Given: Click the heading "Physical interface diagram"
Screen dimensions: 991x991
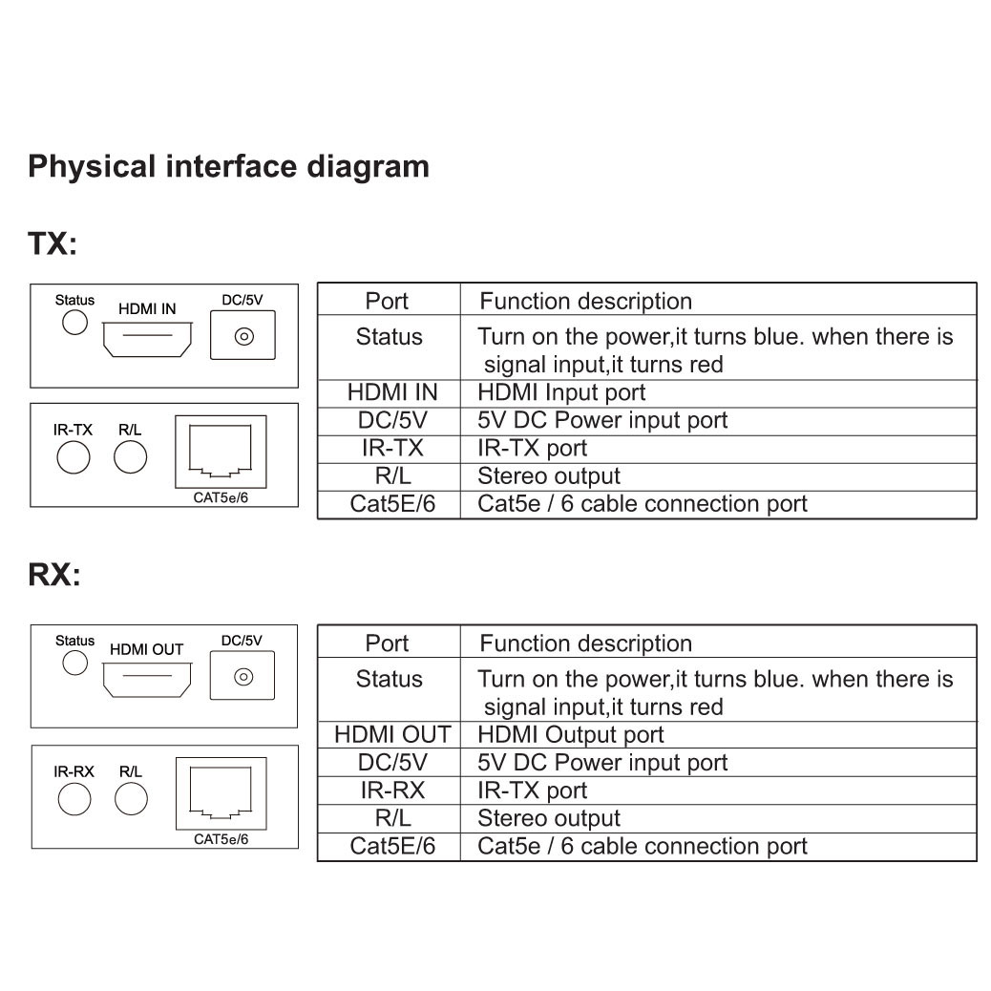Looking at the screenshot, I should pos(228,167).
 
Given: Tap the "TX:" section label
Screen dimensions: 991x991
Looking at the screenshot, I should pos(53,243).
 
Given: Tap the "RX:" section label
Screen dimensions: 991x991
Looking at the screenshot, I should pos(54,576).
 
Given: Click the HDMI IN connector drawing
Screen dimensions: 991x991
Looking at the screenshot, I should pos(148,338).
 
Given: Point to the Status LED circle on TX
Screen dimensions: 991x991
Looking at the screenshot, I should pos(74,323).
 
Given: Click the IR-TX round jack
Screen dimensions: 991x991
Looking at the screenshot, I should pos(73,458).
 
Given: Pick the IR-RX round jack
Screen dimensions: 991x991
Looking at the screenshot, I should pos(74,799).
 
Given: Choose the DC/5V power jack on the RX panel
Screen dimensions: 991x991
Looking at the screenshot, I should pos(243,677).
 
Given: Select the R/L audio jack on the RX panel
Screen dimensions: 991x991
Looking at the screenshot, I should pos(131,799).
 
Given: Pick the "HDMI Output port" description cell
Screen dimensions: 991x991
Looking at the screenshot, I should pos(570,735).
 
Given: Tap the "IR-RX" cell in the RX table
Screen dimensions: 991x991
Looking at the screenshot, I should pos(391,791).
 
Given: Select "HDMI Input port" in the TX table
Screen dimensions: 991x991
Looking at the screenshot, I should pos(561,392).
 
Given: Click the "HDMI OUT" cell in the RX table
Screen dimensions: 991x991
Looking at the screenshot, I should pos(391,735).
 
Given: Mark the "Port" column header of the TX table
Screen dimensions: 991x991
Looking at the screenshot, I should pos(387,302).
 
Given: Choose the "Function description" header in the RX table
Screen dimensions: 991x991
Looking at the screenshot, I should pos(585,643).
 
